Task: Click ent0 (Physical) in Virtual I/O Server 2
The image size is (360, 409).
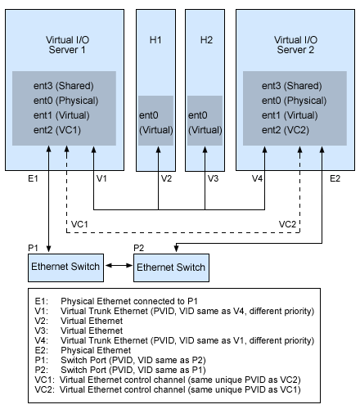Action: point(292,101)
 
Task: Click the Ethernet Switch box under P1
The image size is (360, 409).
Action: point(65,267)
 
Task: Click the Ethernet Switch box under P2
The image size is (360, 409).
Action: point(172,267)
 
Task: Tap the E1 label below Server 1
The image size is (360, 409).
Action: point(33,178)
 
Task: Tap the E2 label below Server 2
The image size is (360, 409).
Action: point(335,178)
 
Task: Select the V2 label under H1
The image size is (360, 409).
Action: point(166,178)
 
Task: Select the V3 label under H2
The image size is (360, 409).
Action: point(213,178)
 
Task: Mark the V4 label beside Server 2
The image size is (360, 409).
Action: point(258,178)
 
